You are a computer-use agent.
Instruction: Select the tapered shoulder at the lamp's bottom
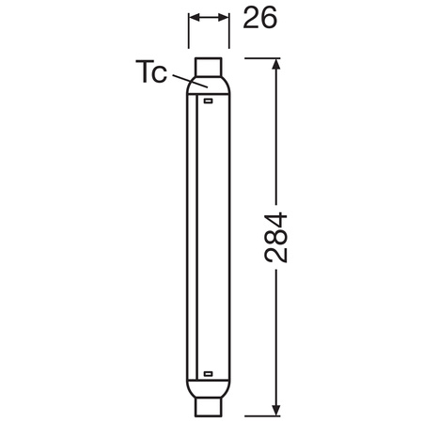[208, 386]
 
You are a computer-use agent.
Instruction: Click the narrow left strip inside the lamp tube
[193, 235]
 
